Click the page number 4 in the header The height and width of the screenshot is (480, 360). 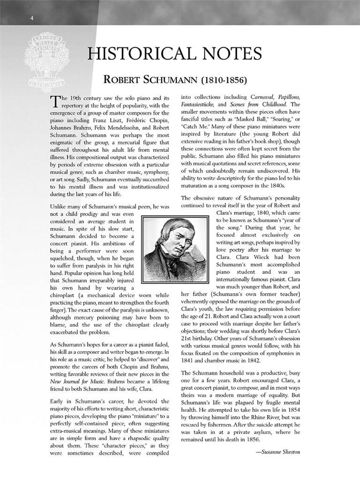[31, 18]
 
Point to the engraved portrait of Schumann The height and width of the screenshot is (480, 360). [175, 249]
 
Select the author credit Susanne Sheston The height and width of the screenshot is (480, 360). [280, 452]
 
